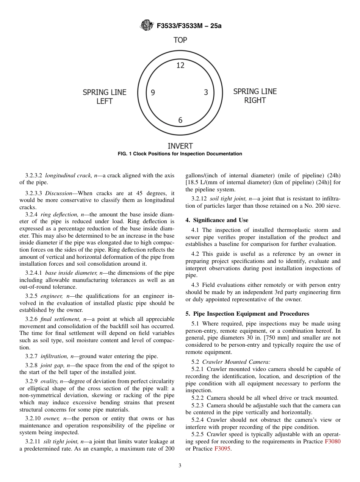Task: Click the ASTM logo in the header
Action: (147, 25)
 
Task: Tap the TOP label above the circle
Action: (180, 40)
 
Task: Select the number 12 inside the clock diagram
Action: (180, 66)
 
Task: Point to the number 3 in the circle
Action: (206, 92)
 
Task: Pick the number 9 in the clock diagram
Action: (153, 92)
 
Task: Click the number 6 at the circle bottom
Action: (180, 121)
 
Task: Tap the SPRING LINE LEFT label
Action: (105, 97)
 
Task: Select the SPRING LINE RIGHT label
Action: (255, 96)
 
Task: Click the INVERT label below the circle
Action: (180, 146)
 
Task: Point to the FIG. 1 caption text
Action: (180, 154)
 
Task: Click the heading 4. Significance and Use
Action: (217, 220)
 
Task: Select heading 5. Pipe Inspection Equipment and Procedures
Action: (247, 314)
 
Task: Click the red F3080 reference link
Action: (332, 441)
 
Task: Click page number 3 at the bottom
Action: (180, 466)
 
